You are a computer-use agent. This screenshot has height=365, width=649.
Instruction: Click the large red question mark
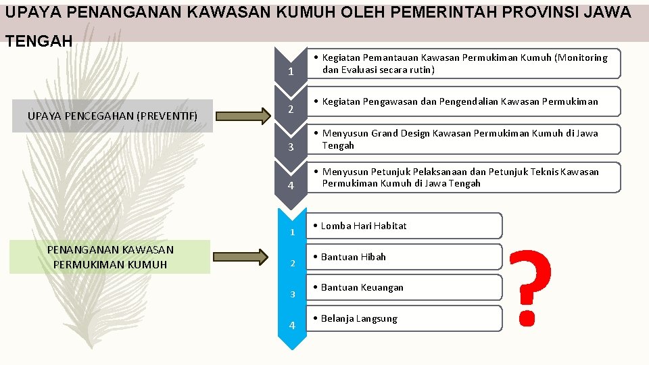coord(529,287)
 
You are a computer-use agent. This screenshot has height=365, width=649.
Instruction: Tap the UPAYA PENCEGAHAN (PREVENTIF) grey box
coord(112,116)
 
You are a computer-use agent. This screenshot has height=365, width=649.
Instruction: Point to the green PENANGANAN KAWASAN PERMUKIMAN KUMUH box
coord(110,257)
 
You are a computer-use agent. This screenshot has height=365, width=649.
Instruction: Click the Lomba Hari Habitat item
coord(404,226)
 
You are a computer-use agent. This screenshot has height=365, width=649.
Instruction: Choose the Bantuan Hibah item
coord(404,257)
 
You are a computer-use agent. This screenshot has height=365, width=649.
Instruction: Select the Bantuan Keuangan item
coord(404,287)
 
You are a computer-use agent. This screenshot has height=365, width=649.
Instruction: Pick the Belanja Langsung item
coord(404,318)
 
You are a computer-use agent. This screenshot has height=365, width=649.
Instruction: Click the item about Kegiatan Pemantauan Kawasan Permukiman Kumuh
coord(463,64)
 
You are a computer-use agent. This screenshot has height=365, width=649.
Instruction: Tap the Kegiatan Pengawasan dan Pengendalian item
coord(463,101)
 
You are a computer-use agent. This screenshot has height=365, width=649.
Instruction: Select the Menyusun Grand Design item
coord(463,139)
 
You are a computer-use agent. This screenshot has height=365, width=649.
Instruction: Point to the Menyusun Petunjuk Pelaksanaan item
coord(463,177)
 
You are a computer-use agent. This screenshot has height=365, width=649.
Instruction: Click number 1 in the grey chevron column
coord(290,72)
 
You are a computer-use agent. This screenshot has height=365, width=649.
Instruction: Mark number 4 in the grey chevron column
coord(290,186)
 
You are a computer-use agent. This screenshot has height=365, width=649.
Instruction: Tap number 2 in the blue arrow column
coord(292,263)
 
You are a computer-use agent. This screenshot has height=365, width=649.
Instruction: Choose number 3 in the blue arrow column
coord(292,294)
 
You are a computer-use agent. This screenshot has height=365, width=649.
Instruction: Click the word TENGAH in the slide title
coord(39,42)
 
